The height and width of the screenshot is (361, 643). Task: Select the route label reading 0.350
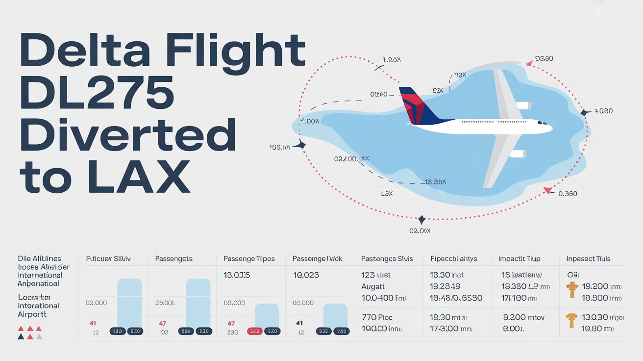(x=568, y=194)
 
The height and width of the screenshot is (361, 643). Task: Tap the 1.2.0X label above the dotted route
(x=392, y=60)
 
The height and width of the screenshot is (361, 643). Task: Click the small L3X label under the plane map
(x=387, y=194)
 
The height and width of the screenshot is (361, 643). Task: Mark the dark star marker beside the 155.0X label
(x=301, y=145)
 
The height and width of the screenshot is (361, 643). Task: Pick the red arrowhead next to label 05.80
(x=529, y=63)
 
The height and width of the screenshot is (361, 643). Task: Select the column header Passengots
(x=174, y=258)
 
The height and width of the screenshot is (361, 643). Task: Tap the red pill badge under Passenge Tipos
(x=255, y=332)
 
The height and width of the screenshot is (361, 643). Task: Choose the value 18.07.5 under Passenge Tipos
(x=237, y=276)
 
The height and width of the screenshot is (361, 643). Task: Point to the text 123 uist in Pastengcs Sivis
(x=376, y=275)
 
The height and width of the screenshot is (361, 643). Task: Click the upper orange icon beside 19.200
(x=570, y=290)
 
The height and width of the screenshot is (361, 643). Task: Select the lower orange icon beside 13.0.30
(x=570, y=321)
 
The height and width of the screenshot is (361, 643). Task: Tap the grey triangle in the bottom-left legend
(x=39, y=336)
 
